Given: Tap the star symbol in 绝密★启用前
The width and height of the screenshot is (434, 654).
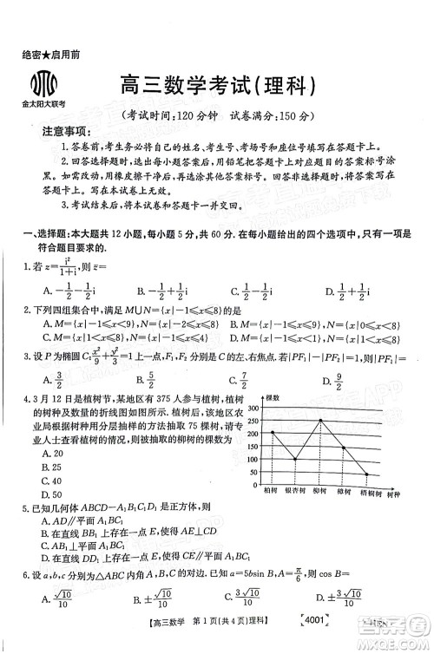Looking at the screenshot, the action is point(43,54).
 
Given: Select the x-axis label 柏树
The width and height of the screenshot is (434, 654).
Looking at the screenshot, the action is point(271,492).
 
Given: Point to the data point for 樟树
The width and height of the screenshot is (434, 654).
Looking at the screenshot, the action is point(343,448).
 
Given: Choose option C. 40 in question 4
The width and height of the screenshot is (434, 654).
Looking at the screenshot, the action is point(51,481).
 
